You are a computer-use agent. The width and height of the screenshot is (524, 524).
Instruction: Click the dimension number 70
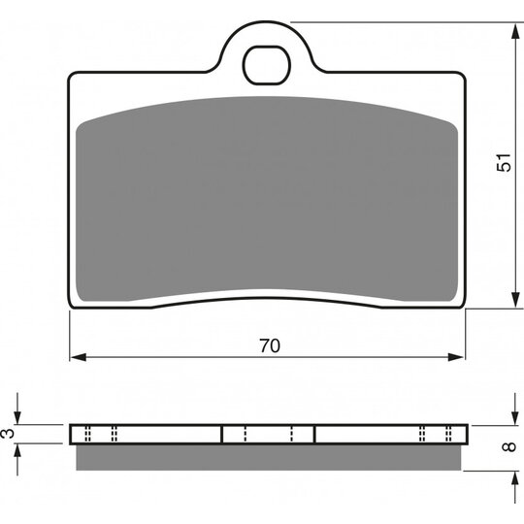tap(270, 345)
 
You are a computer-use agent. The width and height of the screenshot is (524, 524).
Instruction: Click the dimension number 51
tap(504, 163)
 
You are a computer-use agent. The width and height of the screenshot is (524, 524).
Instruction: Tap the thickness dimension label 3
tap(9, 434)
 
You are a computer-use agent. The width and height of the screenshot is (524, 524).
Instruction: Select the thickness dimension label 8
tap(509, 446)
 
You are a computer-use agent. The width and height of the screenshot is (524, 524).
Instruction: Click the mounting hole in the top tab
tap(267, 65)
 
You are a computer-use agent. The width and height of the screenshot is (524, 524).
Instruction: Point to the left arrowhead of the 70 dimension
tap(79, 357)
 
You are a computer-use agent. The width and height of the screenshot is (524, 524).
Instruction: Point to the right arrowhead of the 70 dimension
tap(456, 357)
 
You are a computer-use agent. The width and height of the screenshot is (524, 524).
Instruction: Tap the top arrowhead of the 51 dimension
tap(515, 31)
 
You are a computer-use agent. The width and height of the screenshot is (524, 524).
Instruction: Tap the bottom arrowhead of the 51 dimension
tap(515, 300)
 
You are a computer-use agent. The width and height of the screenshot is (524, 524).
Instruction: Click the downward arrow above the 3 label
tap(17, 409)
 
